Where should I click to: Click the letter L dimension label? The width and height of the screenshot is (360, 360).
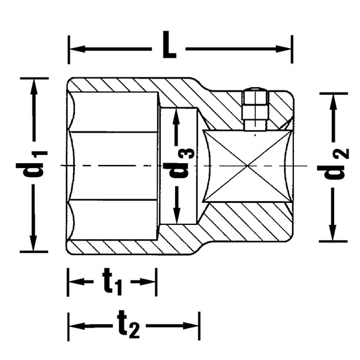pos(169,45)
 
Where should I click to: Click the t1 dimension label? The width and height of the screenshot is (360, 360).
pos(112,281)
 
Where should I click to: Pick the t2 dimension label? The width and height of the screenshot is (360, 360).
pos(128,324)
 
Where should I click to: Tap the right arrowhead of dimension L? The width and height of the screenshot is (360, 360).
pos(284,49)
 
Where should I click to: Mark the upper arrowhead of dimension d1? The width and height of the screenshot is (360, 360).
pos(34,87)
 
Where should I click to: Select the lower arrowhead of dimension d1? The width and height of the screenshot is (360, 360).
pos(33,243)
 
